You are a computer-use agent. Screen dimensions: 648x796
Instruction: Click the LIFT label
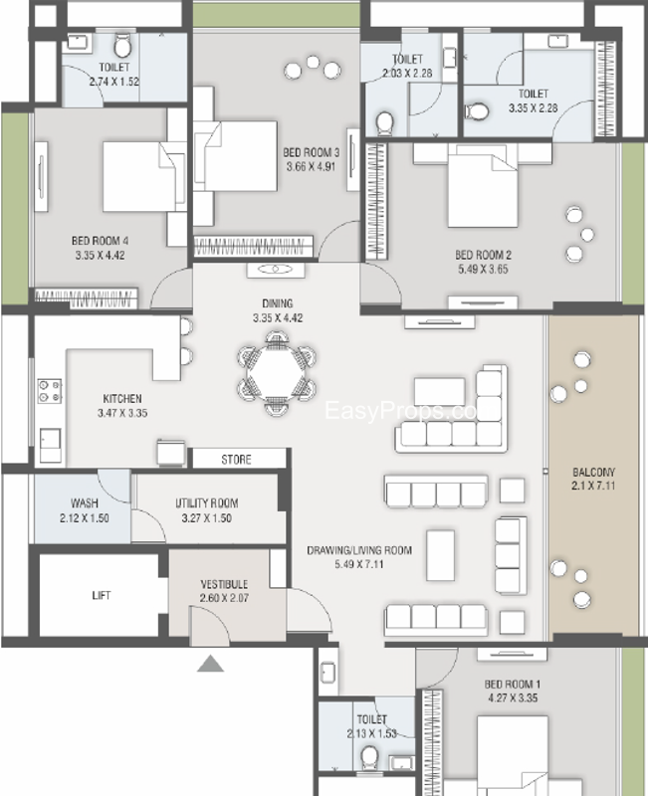pyautogui.click(x=102, y=595)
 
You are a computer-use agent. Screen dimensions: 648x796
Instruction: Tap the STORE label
pyautogui.click(x=236, y=460)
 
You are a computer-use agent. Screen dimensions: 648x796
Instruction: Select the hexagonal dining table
pyautogui.click(x=276, y=373)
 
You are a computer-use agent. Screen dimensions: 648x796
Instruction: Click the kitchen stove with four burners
pyautogui.click(x=50, y=391)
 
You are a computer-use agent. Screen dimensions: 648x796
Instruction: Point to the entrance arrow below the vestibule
pyautogui.click(x=210, y=664)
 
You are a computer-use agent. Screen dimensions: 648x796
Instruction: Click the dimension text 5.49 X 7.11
pyautogui.click(x=359, y=564)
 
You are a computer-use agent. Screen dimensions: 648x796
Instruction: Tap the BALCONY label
pyautogui.click(x=593, y=472)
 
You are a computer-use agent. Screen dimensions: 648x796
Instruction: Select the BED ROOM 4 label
pyautogui.click(x=101, y=241)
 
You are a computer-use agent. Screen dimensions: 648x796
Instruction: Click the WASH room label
pyautogui.click(x=85, y=503)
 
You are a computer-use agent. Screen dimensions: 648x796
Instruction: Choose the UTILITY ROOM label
pyautogui.click(x=207, y=503)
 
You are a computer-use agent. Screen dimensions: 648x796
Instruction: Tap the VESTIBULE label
pyautogui.click(x=224, y=584)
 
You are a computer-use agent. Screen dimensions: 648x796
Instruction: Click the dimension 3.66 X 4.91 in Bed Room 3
pyautogui.click(x=311, y=166)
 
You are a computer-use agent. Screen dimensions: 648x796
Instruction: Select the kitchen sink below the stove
pyautogui.click(x=51, y=445)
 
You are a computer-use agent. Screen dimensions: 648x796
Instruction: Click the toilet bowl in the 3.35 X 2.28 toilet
pyautogui.click(x=477, y=111)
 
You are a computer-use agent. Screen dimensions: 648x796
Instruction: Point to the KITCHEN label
pyautogui.click(x=122, y=399)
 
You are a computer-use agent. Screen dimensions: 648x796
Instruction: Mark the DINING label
pyautogui.click(x=278, y=303)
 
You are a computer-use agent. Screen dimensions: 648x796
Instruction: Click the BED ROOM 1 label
pyautogui.click(x=513, y=684)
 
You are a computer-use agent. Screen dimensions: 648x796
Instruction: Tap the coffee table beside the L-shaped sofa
pyautogui.click(x=439, y=391)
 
